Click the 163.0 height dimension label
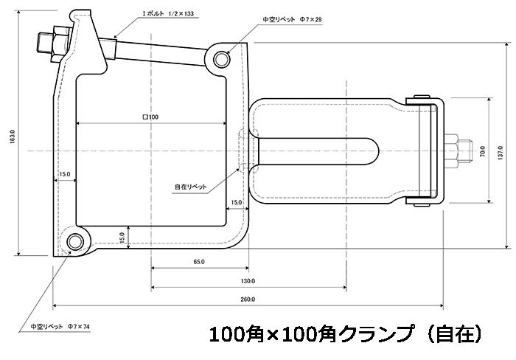[13, 136]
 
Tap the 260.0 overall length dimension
[248, 300]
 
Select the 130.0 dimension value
[248, 281]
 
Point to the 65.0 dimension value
[199, 262]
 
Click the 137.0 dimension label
[501, 153]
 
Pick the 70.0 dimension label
[482, 151]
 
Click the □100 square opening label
[150, 117]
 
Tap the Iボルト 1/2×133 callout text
[168, 14]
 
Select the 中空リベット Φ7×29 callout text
[292, 19]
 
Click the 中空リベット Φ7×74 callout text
[60, 327]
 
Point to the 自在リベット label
[191, 187]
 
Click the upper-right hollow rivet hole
[221, 59]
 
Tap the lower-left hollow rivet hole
[75, 242]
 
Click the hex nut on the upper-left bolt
[59, 43]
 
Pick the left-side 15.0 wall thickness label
[65, 174]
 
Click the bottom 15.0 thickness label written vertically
[122, 238]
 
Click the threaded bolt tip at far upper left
[43, 43]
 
